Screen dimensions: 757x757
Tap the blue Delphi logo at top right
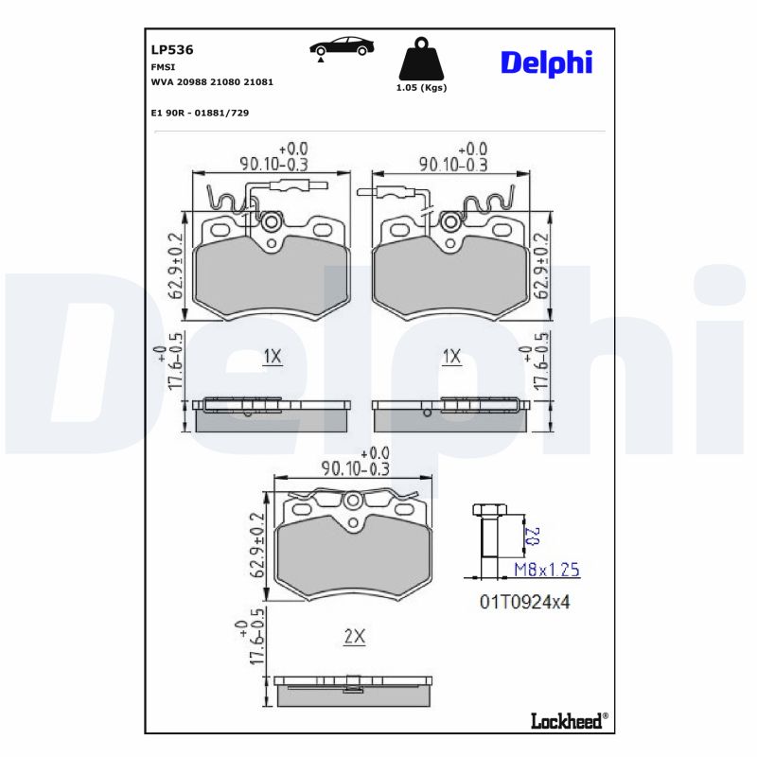545,62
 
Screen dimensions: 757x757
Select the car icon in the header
342,48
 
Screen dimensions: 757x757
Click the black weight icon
420,60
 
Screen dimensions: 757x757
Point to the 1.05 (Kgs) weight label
421,87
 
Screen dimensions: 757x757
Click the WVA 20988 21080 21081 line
212,82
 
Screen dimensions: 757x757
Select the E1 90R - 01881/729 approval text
200,113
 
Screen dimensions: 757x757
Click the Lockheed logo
567,721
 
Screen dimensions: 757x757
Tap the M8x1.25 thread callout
546,570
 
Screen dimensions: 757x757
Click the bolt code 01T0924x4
524,601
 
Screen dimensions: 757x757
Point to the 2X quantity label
354,638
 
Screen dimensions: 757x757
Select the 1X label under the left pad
273,357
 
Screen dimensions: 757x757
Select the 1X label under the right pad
451,357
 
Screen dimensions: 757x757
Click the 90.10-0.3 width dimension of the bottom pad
353,467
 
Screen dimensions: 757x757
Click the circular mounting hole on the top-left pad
272,222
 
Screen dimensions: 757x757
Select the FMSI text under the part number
162,67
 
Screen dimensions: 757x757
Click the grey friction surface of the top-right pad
451,279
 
